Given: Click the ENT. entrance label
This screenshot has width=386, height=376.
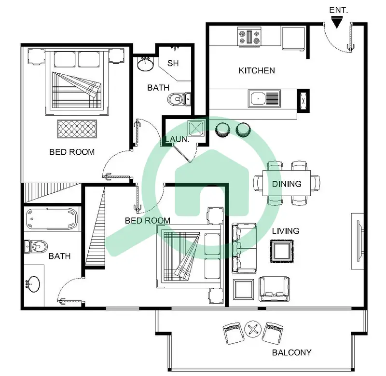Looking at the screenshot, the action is pos(339,10).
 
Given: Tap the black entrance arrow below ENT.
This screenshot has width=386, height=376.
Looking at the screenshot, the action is pos(337,22).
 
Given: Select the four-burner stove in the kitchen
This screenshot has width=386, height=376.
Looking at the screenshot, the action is pos(249,37).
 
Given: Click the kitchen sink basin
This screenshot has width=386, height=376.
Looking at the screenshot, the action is pos(258,99).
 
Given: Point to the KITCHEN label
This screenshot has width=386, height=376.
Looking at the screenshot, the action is pos(257,71).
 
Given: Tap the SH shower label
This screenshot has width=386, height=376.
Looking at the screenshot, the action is pos(173,63).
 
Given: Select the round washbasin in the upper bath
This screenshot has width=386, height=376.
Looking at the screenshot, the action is pos(146,64).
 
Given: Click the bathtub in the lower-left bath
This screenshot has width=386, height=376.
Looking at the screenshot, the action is pos(52,219).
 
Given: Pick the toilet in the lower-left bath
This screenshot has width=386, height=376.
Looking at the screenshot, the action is pos(36,246).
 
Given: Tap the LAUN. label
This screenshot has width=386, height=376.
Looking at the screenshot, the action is pos(177,139).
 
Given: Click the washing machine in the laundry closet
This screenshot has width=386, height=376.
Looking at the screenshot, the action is pos(196,128).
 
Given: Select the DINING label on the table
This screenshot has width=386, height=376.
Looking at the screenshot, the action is pos(287,184).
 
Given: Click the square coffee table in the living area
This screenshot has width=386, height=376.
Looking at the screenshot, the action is pos(282,251).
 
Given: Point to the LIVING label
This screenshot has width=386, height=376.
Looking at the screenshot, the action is pos(286,231).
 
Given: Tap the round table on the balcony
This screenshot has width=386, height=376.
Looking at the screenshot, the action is pos(253,329).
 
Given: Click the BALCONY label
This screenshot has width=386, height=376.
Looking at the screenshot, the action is pos(292,353).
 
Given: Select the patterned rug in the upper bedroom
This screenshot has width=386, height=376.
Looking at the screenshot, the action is pos(77,129).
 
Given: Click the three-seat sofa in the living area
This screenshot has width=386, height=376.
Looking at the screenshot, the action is pos(244,248).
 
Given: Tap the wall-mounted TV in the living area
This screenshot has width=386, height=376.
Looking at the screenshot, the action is pos(359,241).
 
